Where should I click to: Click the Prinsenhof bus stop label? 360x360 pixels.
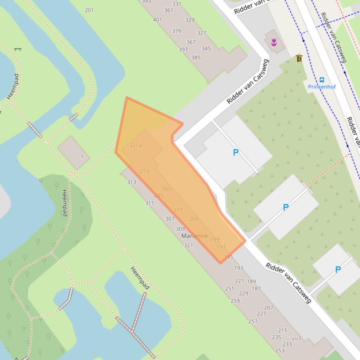pos(322,87)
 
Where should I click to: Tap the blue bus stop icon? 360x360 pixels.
pos(322,79)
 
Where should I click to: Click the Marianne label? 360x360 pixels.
pos(194,236)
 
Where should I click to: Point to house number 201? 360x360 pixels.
pos(89,10)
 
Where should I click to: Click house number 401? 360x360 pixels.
pos(157,20)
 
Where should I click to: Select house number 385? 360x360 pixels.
pos(196,58)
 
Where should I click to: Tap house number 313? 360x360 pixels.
pos(131,182)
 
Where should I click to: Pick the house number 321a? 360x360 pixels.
pos(135,145)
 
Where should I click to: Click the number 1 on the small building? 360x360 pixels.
pos(81,156)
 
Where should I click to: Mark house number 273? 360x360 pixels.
pos(144,172)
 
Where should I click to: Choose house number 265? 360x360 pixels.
pos(166,189)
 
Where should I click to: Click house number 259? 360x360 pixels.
pos(235,301)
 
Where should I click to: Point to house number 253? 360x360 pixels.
pos(280,350)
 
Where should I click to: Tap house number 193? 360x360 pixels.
pos(239,268)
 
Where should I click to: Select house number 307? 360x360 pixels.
pos(169,219)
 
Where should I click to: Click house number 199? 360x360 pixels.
pos(215,240)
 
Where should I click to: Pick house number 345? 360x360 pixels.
pos(206,49)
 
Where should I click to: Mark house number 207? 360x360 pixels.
pos(269,308)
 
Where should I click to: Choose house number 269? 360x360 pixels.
pos(194,219)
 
